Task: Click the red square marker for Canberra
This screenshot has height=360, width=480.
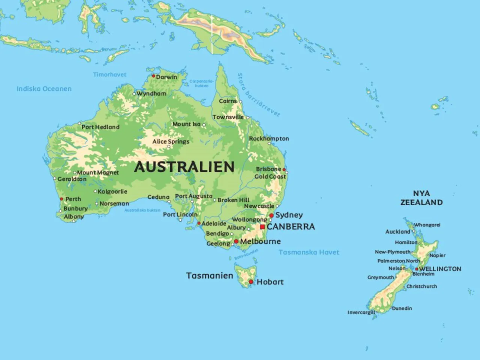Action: [262, 227]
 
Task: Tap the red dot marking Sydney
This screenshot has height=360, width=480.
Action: [271, 215]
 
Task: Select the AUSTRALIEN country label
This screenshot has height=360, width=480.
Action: [184, 166]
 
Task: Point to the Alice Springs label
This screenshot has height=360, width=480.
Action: [171, 141]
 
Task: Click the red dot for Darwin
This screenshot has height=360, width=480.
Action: [153, 76]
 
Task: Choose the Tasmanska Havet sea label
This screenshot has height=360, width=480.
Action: [309, 252]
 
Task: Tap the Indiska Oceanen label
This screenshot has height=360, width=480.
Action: [44, 89]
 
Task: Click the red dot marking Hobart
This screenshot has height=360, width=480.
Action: [251, 282]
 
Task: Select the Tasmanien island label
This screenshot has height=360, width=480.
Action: [210, 276]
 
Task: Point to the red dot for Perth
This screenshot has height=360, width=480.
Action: [61, 199]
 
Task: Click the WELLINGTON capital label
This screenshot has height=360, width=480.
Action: [440, 269]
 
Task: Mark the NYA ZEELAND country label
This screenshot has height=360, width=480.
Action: [421, 198]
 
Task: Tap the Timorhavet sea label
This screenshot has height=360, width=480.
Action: [109, 75]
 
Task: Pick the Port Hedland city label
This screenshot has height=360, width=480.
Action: [100, 127]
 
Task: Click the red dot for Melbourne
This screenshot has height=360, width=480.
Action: [236, 241]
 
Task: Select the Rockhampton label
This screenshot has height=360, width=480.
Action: [269, 138]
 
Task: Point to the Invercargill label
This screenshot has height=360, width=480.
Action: [361, 312]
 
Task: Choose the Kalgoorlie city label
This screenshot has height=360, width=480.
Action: [112, 191]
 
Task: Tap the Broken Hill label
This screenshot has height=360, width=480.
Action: [233, 200]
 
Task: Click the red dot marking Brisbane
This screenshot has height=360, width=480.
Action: [284, 169]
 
